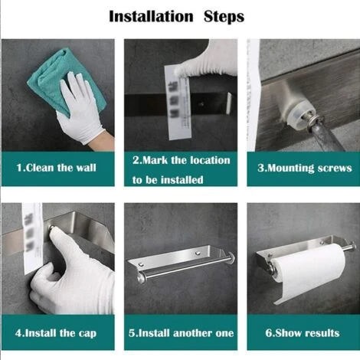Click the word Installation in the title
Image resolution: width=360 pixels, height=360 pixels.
point(151,17)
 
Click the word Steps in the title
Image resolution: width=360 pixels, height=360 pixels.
point(224,17)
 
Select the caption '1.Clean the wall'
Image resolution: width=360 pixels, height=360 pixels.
point(57,168)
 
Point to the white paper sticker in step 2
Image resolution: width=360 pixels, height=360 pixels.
point(178,102)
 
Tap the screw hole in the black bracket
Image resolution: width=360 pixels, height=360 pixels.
point(202,104)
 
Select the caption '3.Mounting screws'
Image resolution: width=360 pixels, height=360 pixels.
point(305,168)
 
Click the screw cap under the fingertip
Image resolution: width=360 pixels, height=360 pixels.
point(51,227)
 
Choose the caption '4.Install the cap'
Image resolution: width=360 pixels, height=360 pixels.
point(56,333)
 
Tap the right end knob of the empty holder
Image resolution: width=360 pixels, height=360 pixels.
point(231,257)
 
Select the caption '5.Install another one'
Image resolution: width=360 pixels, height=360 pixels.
point(181,333)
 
